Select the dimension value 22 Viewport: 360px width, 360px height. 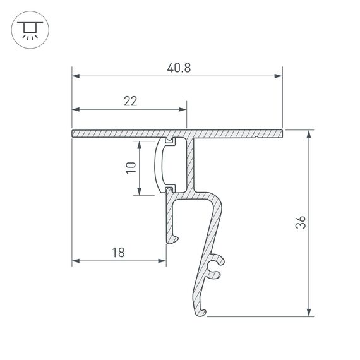click(130, 100)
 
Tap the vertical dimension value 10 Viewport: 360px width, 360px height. click(131, 167)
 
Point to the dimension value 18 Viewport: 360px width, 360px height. click(118, 253)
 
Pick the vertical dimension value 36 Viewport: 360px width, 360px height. click(301, 222)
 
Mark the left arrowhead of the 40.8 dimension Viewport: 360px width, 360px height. click(76, 76)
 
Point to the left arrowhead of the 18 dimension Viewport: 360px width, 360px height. click(76, 260)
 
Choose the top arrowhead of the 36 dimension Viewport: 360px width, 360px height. click(309, 135)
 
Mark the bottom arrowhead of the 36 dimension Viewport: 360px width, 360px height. click(309, 312)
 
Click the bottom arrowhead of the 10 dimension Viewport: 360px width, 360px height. click(140, 192)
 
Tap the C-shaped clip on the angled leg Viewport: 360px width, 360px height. click(216, 267)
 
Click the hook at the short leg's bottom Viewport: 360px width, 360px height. click(173, 238)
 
